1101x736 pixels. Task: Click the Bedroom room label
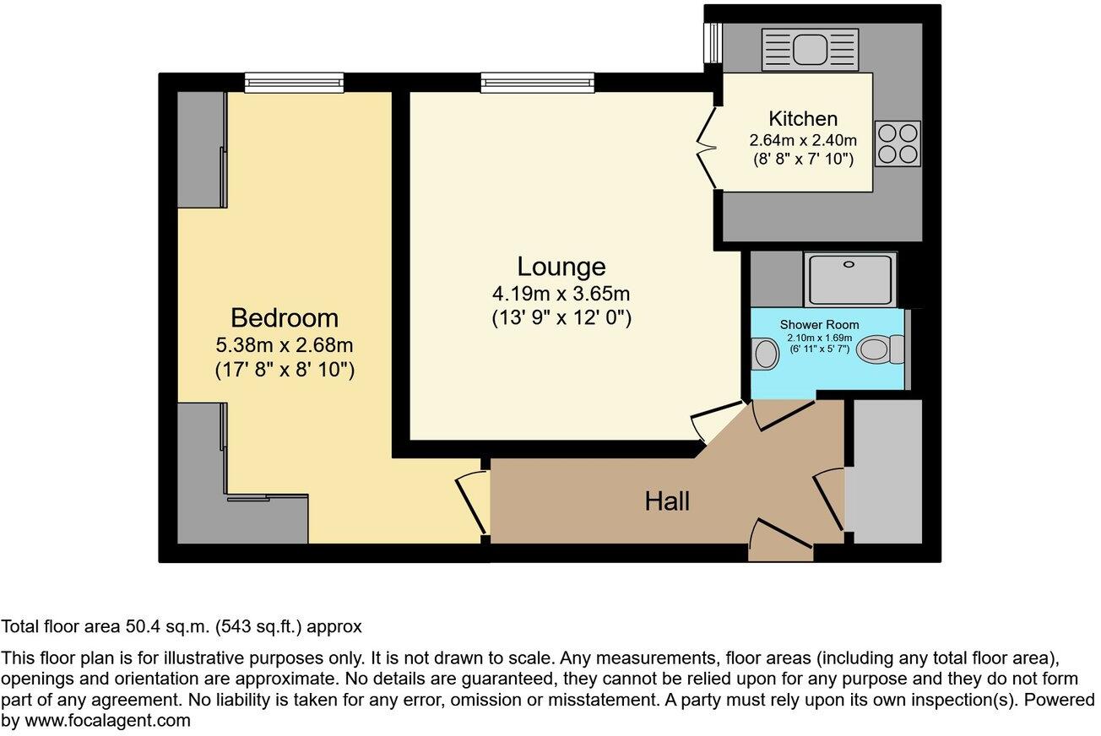click(285, 318)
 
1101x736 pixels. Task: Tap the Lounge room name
click(561, 267)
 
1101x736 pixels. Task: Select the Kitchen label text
click(803, 119)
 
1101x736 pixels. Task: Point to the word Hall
click(667, 501)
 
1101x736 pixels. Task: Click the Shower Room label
click(819, 325)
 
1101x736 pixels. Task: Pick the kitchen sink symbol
click(809, 49)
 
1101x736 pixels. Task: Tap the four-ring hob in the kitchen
click(898, 143)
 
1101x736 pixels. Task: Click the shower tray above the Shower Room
click(849, 279)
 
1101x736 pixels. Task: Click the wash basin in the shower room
click(765, 352)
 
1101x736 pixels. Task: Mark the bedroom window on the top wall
click(294, 82)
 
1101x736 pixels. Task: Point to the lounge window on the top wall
click(538, 82)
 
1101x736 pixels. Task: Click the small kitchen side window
click(713, 42)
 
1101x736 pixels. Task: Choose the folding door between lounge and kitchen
click(706, 148)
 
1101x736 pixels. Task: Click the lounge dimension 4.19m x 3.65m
click(561, 295)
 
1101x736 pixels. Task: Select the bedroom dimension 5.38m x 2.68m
click(285, 345)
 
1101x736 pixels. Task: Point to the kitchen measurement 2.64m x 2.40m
click(803, 140)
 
